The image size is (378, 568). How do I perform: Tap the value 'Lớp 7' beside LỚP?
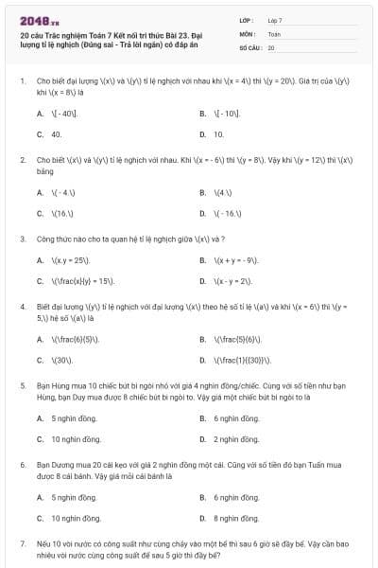(275, 20)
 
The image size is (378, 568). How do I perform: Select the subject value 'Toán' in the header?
(274, 33)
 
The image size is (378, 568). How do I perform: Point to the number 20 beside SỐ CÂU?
(271, 47)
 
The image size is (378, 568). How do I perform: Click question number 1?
(22, 81)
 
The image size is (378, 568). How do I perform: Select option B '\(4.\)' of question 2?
(223, 192)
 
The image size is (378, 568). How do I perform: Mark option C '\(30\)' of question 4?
(63, 360)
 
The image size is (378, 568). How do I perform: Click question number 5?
(22, 386)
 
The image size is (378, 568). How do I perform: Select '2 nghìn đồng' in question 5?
(236, 439)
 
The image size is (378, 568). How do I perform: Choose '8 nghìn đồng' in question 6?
(236, 518)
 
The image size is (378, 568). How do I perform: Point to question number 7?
(22, 544)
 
